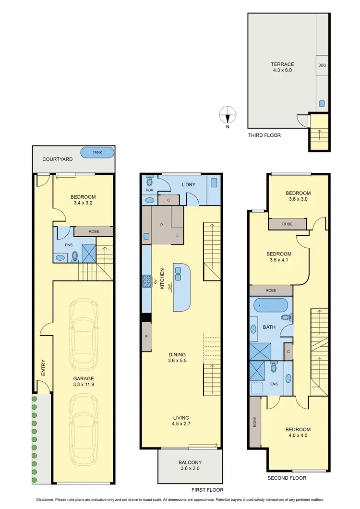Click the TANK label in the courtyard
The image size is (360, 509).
pyautogui.click(x=97, y=153)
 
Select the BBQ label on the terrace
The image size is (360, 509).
pyautogui.click(x=322, y=65)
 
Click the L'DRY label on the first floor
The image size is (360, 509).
pyautogui.click(x=188, y=185)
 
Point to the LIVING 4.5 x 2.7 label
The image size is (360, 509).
pyautogui.click(x=181, y=421)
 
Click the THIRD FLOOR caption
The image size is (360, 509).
pyautogui.click(x=264, y=135)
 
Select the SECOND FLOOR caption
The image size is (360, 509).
pyautogui.click(x=286, y=478)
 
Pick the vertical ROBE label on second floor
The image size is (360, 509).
pyautogui.click(x=254, y=422)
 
